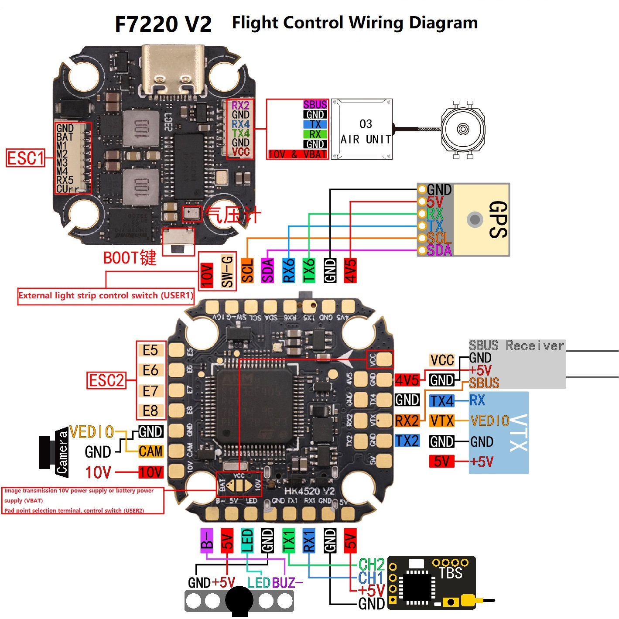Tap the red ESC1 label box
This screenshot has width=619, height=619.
26,158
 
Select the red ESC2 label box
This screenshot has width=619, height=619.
106,380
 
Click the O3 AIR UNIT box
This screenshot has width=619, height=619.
362,130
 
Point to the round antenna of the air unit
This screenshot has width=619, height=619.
463,129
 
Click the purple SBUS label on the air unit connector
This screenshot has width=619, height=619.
315,105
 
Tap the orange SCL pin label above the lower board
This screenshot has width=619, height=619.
247,271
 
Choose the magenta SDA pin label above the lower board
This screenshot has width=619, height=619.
267,271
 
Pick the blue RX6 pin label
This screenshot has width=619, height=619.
288,271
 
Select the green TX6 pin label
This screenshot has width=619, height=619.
309,271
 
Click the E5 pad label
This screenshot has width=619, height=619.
150,350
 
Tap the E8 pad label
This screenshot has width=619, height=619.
150,410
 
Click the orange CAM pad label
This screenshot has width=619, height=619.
150,451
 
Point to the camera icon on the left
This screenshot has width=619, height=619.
54,452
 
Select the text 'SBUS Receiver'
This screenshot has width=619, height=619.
516,346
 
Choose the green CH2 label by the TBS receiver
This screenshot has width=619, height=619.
371,565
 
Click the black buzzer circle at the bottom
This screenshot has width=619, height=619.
239,600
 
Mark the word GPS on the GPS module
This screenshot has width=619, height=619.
498,219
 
